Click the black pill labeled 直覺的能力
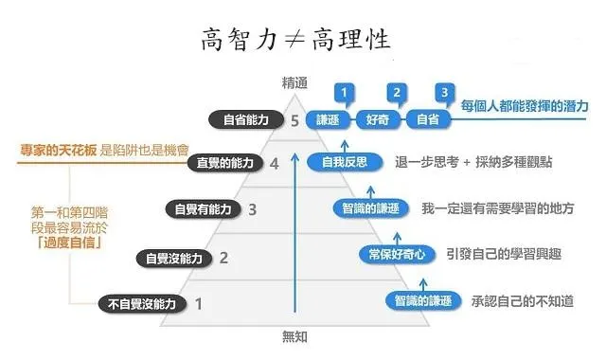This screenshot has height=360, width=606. pyautogui.click(x=224, y=163)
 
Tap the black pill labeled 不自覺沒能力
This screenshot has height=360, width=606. pyautogui.click(x=142, y=303)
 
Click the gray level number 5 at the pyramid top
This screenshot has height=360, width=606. pyautogui.click(x=296, y=120)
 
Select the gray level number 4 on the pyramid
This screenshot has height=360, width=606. pyautogui.click(x=275, y=163)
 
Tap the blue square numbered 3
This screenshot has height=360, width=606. pyautogui.click(x=442, y=93)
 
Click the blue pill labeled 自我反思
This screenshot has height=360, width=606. pyautogui.click(x=344, y=162)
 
